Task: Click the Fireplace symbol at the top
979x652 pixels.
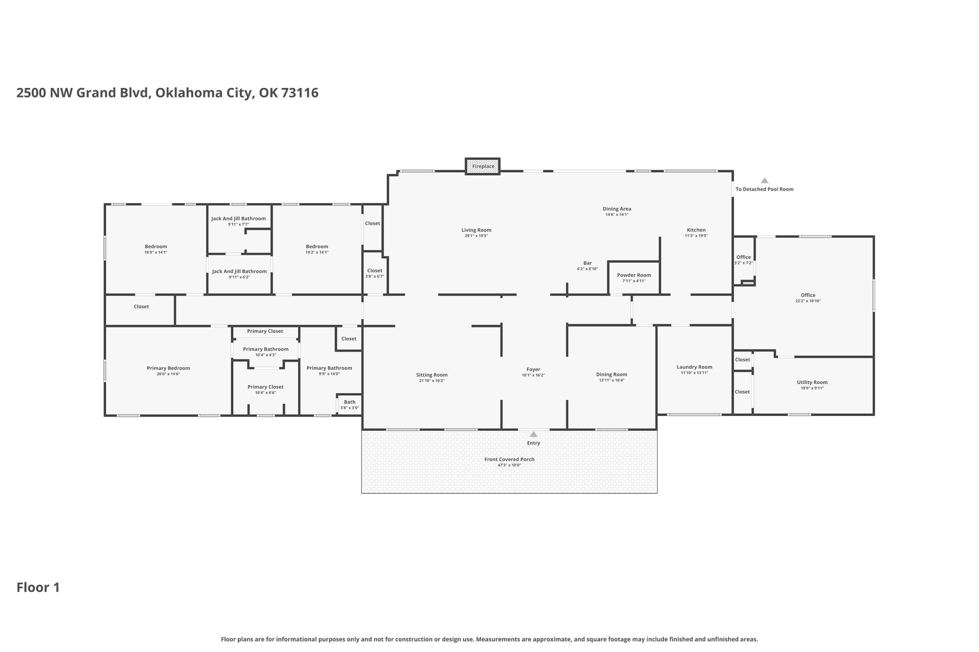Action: coord(483,166)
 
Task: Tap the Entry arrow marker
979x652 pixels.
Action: coord(533,434)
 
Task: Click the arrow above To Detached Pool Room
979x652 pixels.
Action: coord(764,181)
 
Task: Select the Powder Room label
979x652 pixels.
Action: coord(634,275)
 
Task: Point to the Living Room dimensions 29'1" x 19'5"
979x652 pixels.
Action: coord(476,236)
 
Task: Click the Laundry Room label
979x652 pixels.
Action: coord(694,367)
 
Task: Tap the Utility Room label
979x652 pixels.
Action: coord(812,382)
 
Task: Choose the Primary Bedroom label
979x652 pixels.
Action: coord(168,368)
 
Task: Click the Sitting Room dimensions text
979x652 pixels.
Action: coord(432,381)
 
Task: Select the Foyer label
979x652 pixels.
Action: coord(533,369)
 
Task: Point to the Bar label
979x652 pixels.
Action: coord(587,263)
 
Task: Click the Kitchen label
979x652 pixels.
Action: coord(696,230)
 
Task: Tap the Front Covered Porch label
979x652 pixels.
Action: coord(509,460)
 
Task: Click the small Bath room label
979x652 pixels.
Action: coord(349,402)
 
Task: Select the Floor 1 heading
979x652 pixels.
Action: coord(38,588)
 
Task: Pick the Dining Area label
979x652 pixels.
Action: coord(617,209)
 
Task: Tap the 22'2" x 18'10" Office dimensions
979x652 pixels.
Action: coord(808,301)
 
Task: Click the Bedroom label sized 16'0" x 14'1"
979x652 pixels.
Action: coord(156,246)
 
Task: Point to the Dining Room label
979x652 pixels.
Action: coord(611,374)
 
